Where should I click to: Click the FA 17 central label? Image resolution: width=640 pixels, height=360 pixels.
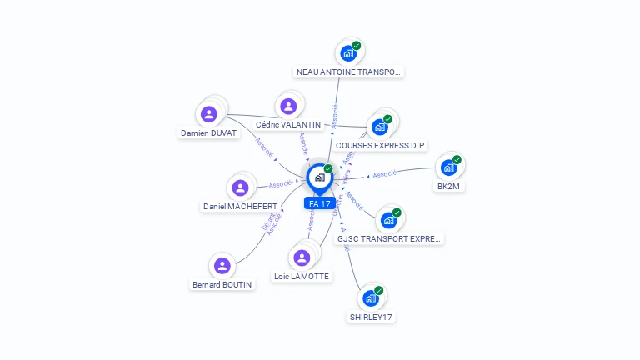click(x=320, y=203)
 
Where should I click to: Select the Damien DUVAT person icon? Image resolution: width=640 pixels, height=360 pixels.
click(x=209, y=114)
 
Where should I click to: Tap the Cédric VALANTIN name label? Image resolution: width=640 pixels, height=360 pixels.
click(x=288, y=125)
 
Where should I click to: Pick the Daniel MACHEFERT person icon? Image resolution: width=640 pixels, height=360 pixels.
click(x=240, y=187)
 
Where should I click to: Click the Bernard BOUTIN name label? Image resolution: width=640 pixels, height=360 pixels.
click(x=222, y=284)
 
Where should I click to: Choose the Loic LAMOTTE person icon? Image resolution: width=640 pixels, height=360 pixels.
click(x=302, y=257)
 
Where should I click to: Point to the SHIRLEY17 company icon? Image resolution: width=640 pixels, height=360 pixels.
click(x=371, y=298)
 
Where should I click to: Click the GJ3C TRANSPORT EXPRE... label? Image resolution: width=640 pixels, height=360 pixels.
click(x=388, y=239)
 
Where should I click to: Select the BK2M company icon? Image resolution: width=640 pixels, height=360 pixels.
click(x=449, y=167)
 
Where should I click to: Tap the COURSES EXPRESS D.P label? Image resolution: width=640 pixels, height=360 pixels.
click(x=380, y=146)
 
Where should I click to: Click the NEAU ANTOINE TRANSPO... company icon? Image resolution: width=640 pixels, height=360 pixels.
click(x=348, y=53)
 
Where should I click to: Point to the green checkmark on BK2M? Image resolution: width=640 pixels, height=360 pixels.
click(x=457, y=159)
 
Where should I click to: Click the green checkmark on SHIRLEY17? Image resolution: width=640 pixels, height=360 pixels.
click(x=379, y=290)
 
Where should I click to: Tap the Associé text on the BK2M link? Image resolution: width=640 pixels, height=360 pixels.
click(x=385, y=174)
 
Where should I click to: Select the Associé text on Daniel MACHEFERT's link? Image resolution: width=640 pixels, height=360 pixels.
click(x=280, y=184)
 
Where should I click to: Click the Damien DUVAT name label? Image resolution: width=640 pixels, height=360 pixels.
click(x=209, y=133)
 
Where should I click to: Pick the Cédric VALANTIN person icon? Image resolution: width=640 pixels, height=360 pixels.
click(x=288, y=106)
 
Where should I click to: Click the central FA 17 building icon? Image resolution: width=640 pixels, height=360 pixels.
click(x=319, y=177)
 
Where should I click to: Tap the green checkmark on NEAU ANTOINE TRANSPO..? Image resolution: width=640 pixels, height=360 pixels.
click(x=357, y=46)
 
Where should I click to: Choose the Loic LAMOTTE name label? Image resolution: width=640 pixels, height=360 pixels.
click(x=302, y=277)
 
